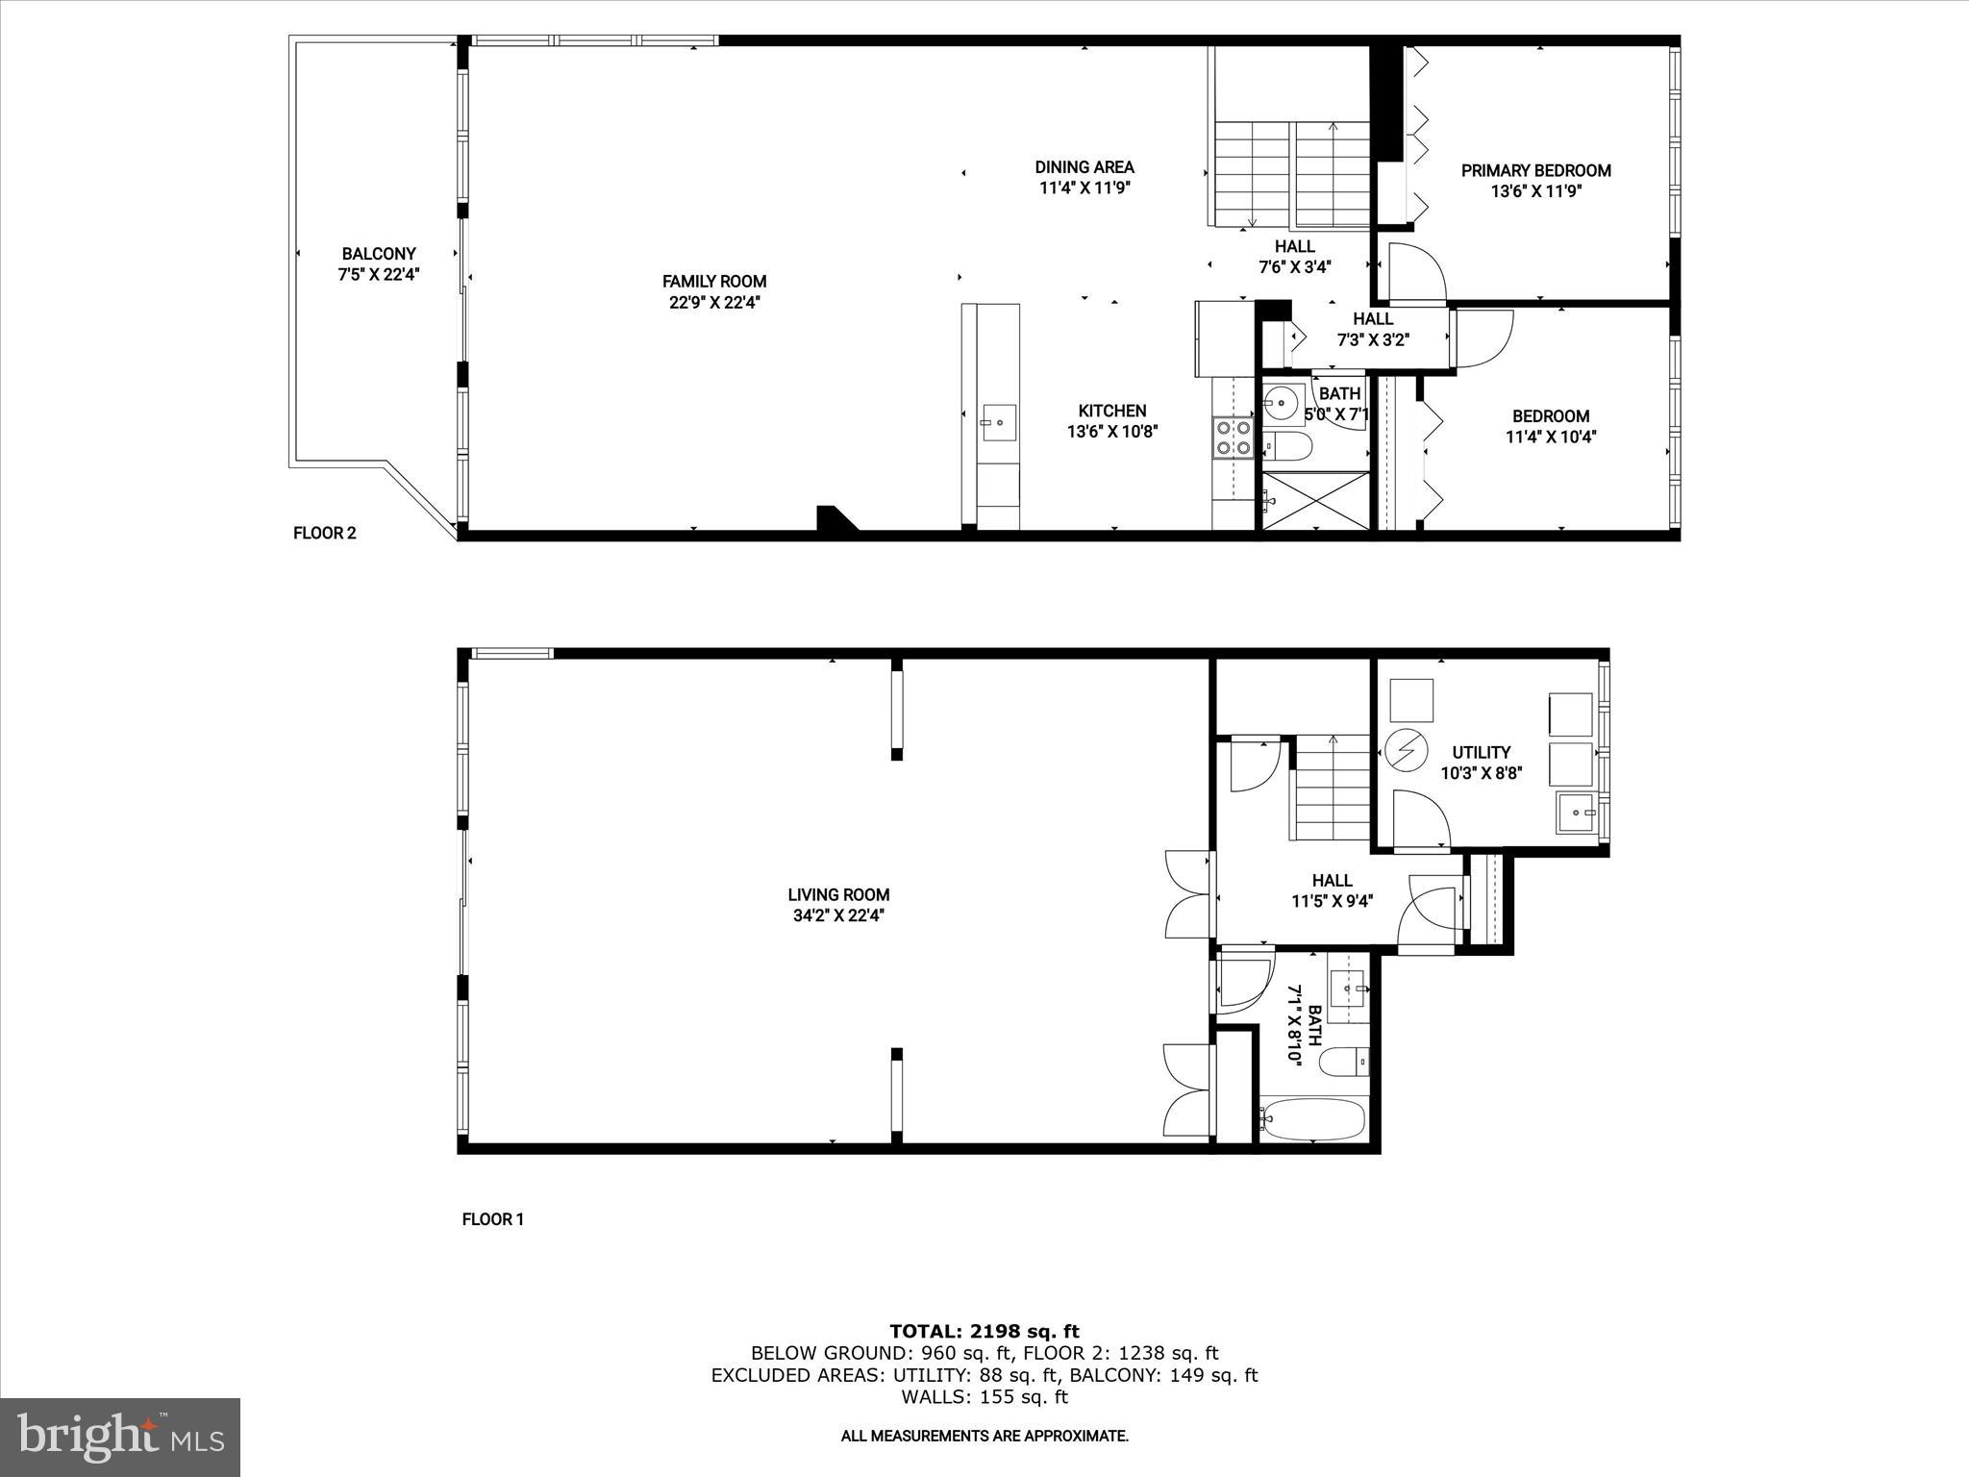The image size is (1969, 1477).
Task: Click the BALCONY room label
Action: [379, 254]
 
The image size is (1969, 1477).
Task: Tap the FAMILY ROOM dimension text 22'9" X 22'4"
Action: [714, 302]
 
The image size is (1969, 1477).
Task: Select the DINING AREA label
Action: [1084, 167]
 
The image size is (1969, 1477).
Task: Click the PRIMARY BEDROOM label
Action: [1535, 171]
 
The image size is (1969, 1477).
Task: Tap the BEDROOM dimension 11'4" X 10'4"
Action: [1550, 437]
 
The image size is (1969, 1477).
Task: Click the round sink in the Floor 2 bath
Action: [1282, 401]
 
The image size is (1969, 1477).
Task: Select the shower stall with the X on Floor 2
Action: [1314, 500]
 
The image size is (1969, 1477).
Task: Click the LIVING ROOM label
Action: [838, 894]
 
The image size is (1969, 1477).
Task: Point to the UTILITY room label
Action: [1481, 752]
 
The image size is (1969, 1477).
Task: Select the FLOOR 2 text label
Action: [325, 533]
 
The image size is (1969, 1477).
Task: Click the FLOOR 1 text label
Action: [493, 1219]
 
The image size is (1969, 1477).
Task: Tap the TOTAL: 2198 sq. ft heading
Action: [984, 1331]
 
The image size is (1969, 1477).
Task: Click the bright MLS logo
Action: [120, 1437]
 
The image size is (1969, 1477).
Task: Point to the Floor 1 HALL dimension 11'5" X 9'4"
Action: [1332, 901]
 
